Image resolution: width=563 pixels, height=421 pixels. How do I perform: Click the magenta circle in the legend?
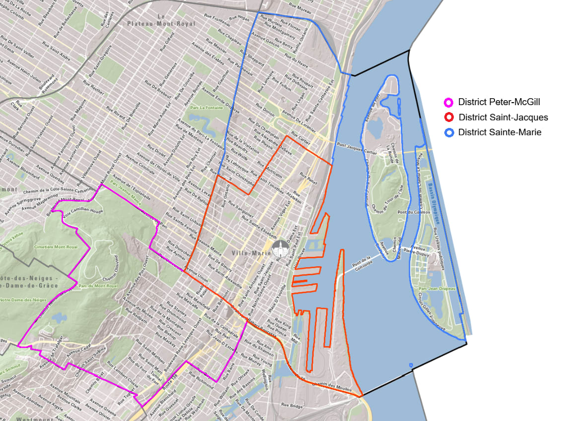click(x=448, y=102)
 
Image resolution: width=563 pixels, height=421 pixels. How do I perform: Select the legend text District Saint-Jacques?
click(x=503, y=118)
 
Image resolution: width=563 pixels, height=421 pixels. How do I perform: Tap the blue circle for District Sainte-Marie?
click(x=448, y=132)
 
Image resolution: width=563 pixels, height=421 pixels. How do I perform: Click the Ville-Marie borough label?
click(x=252, y=253)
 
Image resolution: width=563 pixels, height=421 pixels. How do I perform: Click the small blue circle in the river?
click(x=411, y=366)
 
